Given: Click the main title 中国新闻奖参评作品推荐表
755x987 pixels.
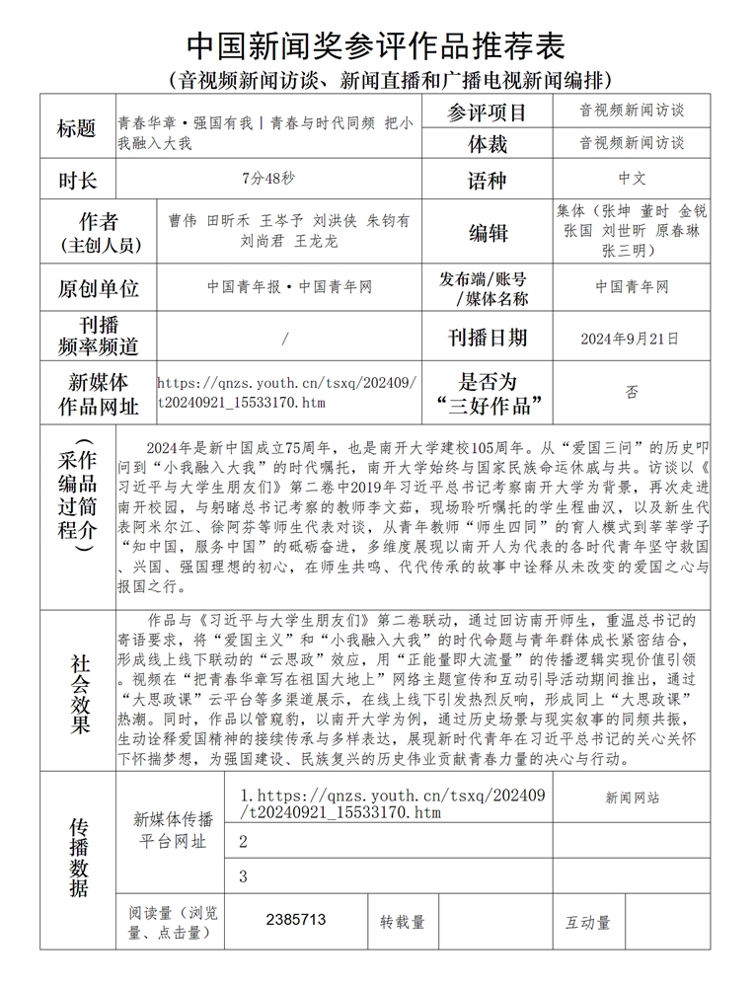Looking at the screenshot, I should [376, 44].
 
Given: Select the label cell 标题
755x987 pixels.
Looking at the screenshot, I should [77, 129].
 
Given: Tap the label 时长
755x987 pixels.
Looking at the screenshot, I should [77, 181].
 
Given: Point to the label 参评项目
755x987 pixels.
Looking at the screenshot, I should [487, 113].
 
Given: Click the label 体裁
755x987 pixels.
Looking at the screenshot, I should [487, 145].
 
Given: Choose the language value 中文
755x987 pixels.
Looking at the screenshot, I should [632, 180].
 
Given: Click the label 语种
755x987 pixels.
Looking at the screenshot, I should [487, 181].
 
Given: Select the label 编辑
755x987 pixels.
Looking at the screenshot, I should [487, 233].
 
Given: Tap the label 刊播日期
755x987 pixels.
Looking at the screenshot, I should [487, 339].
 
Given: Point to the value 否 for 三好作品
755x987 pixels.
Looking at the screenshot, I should [632, 392].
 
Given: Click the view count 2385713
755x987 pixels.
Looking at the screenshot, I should [296, 919].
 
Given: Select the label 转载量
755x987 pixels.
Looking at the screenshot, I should [403, 922].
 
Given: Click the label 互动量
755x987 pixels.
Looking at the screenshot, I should [587, 922].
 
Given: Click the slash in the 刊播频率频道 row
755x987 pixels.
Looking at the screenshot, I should [285, 339].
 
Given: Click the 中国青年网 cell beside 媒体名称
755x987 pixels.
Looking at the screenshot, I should [632, 287].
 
